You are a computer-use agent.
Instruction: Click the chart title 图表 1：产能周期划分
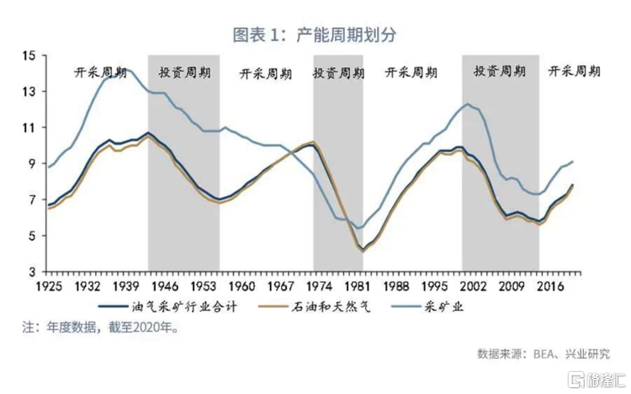pos(315,35)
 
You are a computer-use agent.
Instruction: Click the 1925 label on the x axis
pos(49,286)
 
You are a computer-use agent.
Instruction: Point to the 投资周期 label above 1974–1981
pos(338,73)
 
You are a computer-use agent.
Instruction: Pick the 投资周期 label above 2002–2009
pos(500,72)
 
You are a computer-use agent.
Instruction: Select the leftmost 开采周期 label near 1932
pos(100,72)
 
